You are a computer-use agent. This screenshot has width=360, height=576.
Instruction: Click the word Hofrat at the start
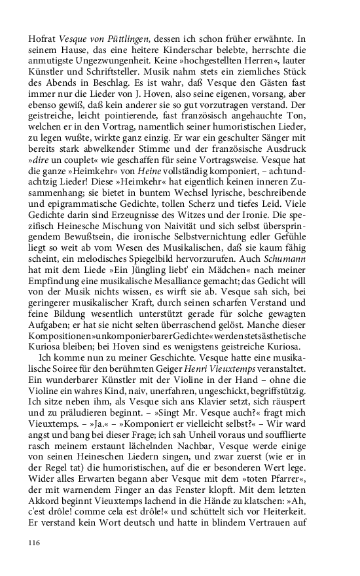pyautogui.click(x=43, y=40)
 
